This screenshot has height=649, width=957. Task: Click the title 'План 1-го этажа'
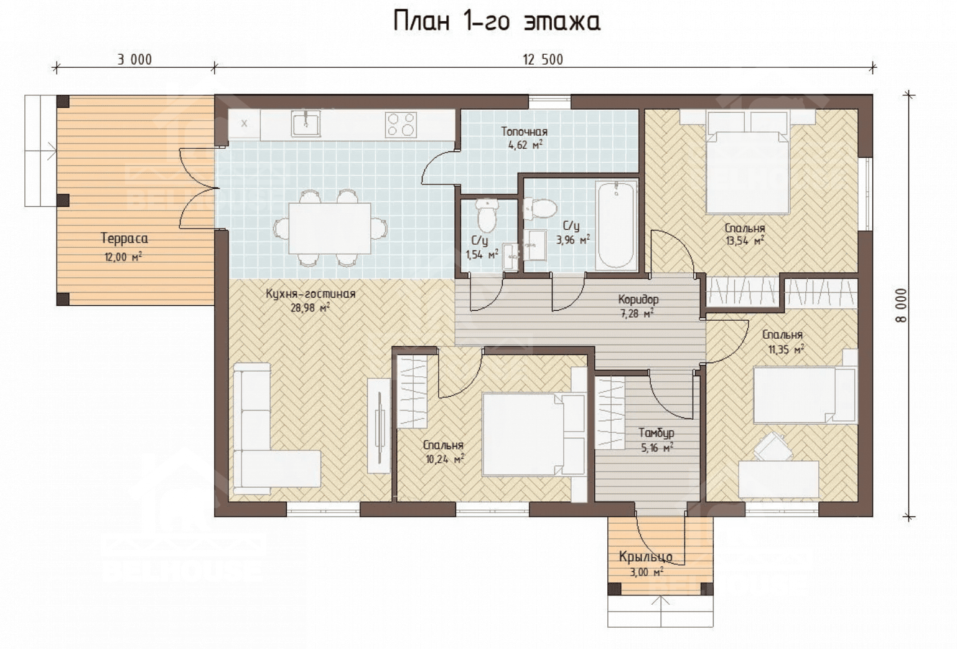click(497, 21)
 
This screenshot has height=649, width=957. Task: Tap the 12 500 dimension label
click(543, 59)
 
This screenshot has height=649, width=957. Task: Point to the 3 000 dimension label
click(134, 59)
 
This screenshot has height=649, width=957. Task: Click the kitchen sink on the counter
click(306, 123)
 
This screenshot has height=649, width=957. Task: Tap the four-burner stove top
click(400, 125)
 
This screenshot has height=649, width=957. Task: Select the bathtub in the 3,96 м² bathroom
click(616, 225)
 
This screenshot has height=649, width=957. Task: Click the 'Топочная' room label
click(524, 131)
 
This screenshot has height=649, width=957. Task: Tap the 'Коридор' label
click(638, 300)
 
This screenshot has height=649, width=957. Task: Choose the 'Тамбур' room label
click(656, 433)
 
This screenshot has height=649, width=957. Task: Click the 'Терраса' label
click(124, 239)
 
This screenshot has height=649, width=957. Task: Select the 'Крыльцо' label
click(645, 557)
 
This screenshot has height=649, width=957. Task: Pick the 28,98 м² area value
click(310, 308)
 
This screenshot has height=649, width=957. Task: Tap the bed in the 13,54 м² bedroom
click(747, 163)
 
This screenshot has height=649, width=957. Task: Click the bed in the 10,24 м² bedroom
click(534, 434)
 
